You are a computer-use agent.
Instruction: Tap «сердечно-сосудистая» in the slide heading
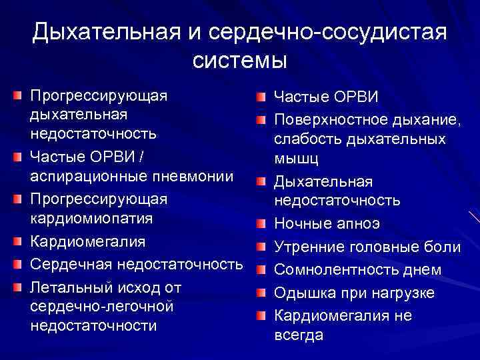pyautogui.click(x=327, y=31)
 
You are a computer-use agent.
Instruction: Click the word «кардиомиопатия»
pyautogui.click(x=91, y=219)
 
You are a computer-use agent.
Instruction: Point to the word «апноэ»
pyautogui.click(x=361, y=224)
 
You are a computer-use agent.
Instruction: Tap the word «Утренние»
pyautogui.click(x=311, y=247)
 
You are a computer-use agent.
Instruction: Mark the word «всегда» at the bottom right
pyautogui.click(x=299, y=335)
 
